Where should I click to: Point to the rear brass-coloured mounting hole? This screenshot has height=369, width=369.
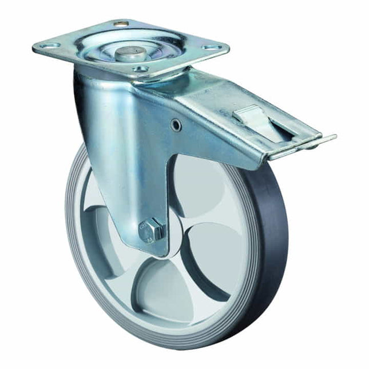tap(120, 23)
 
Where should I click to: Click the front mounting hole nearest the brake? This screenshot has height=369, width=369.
tap(141, 69)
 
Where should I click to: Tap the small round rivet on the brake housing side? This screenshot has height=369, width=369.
tap(177, 125)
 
